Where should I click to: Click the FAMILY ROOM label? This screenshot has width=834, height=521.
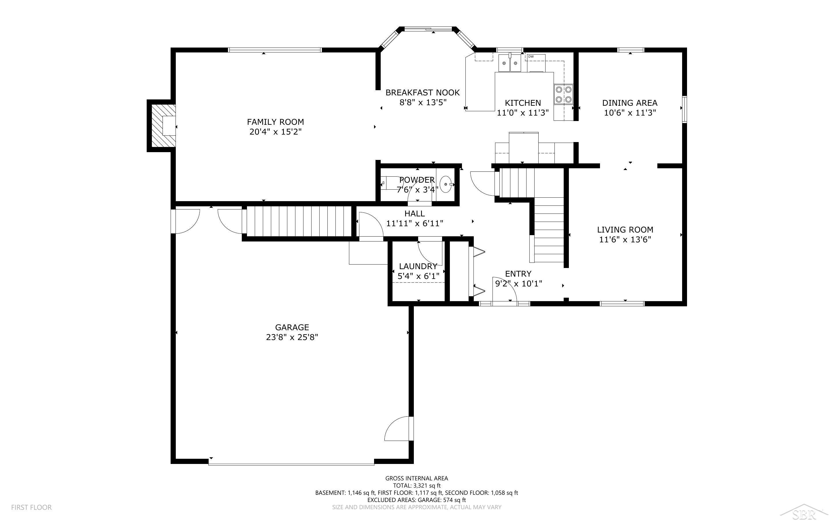275,122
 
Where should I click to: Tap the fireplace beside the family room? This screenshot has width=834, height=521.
162,126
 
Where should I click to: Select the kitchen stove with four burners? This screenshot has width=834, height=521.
563,95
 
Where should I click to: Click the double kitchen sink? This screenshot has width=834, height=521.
510,63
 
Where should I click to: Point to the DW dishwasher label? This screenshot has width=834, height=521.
531,56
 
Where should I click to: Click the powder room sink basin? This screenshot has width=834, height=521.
446,184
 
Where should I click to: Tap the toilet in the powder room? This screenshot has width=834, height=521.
389,183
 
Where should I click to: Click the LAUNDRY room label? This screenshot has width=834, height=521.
418,266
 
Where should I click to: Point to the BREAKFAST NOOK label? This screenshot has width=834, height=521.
423,93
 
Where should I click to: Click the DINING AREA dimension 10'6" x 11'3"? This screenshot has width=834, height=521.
630,113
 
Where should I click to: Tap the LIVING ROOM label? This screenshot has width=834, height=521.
625,230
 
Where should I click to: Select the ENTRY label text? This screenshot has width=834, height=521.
518,274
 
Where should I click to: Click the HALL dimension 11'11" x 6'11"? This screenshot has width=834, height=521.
415,224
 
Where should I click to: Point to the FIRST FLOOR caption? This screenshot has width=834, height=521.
31,507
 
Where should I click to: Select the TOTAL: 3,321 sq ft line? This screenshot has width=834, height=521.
417,486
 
